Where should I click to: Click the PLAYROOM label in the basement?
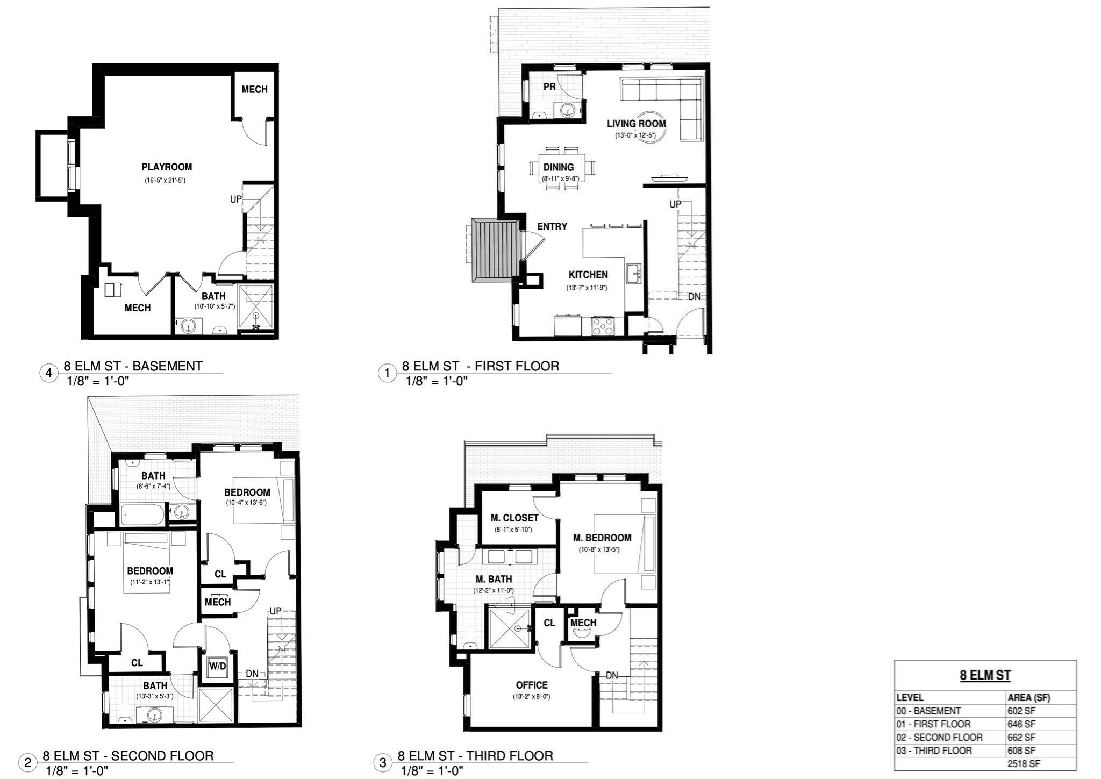click(x=167, y=167)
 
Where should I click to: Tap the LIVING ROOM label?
click(x=636, y=124)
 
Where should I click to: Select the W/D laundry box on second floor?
click(x=217, y=667)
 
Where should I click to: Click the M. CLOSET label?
click(x=514, y=518)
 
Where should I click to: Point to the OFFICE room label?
click(x=532, y=685)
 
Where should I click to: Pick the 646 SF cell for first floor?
click(x=1021, y=724)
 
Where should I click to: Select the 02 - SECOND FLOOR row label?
click(x=939, y=738)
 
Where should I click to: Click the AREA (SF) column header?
click(x=1028, y=698)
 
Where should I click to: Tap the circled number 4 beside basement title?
click(x=49, y=373)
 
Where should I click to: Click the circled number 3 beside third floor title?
click(x=383, y=763)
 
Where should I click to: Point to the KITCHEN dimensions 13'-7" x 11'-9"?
click(x=587, y=288)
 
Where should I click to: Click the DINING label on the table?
click(x=559, y=168)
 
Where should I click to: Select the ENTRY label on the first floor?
click(x=552, y=227)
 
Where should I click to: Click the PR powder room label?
click(x=549, y=87)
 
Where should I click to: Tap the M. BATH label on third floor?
click(x=494, y=580)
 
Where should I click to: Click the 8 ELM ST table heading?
click(x=985, y=676)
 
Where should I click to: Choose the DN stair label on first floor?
click(x=694, y=297)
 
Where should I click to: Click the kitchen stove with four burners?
click(x=602, y=326)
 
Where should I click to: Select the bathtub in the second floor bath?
click(x=142, y=515)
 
